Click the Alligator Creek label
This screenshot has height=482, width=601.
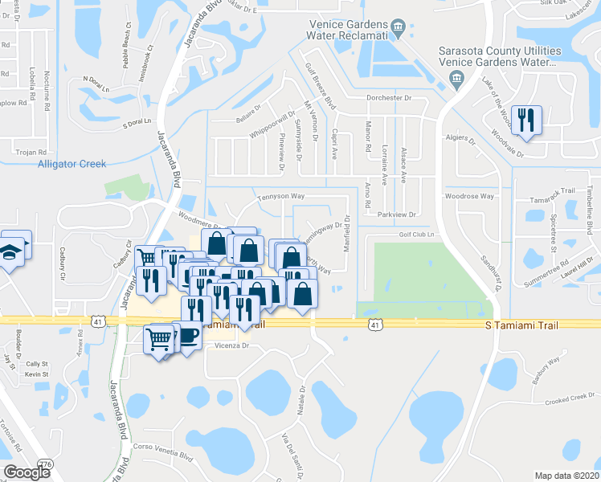tap(72, 164)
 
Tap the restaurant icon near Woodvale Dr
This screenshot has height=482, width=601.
tap(527, 120)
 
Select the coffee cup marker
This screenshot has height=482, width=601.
tap(186, 335)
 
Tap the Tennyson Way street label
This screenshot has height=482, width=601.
tap(280, 196)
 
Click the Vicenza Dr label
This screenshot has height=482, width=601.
tap(233, 346)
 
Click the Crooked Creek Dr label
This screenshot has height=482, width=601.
tap(567, 400)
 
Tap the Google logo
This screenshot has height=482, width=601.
tap(26, 472)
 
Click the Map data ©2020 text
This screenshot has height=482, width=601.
tap(566, 476)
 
